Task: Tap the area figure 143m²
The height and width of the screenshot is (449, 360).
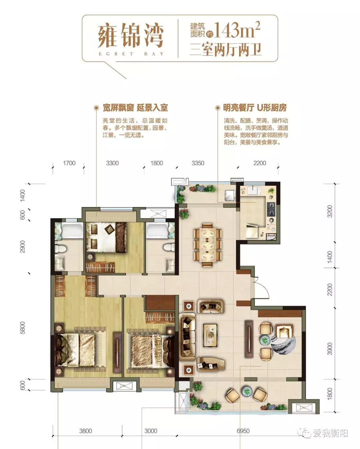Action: (x=237, y=31)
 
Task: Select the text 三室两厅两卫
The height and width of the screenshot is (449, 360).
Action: (x=226, y=49)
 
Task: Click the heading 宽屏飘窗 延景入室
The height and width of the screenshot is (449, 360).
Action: (x=135, y=108)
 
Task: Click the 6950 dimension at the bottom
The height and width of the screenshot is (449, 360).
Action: (x=243, y=431)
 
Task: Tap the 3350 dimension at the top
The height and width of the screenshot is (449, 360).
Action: (x=198, y=163)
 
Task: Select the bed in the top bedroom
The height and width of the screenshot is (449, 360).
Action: (x=106, y=237)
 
